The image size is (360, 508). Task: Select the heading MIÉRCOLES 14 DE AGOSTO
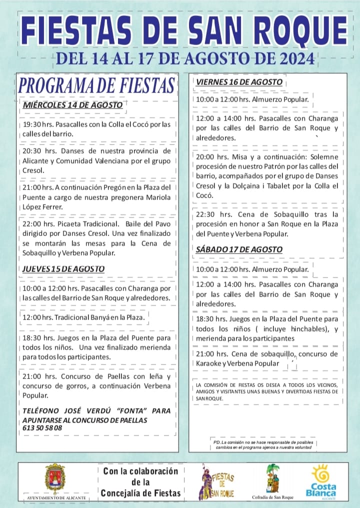pyautogui.click(x=73, y=105)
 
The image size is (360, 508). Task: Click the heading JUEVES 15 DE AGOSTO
pyautogui.click(x=63, y=269)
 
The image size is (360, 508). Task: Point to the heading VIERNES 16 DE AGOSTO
pyautogui.click(x=239, y=82)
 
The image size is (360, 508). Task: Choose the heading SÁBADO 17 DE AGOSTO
pyautogui.click(x=239, y=249)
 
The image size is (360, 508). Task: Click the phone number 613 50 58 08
pyautogui.click(x=42, y=428)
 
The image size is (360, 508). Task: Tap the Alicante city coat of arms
pyautogui.click(x=55, y=478)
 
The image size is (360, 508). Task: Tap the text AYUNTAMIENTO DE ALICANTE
pyautogui.click(x=55, y=498)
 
